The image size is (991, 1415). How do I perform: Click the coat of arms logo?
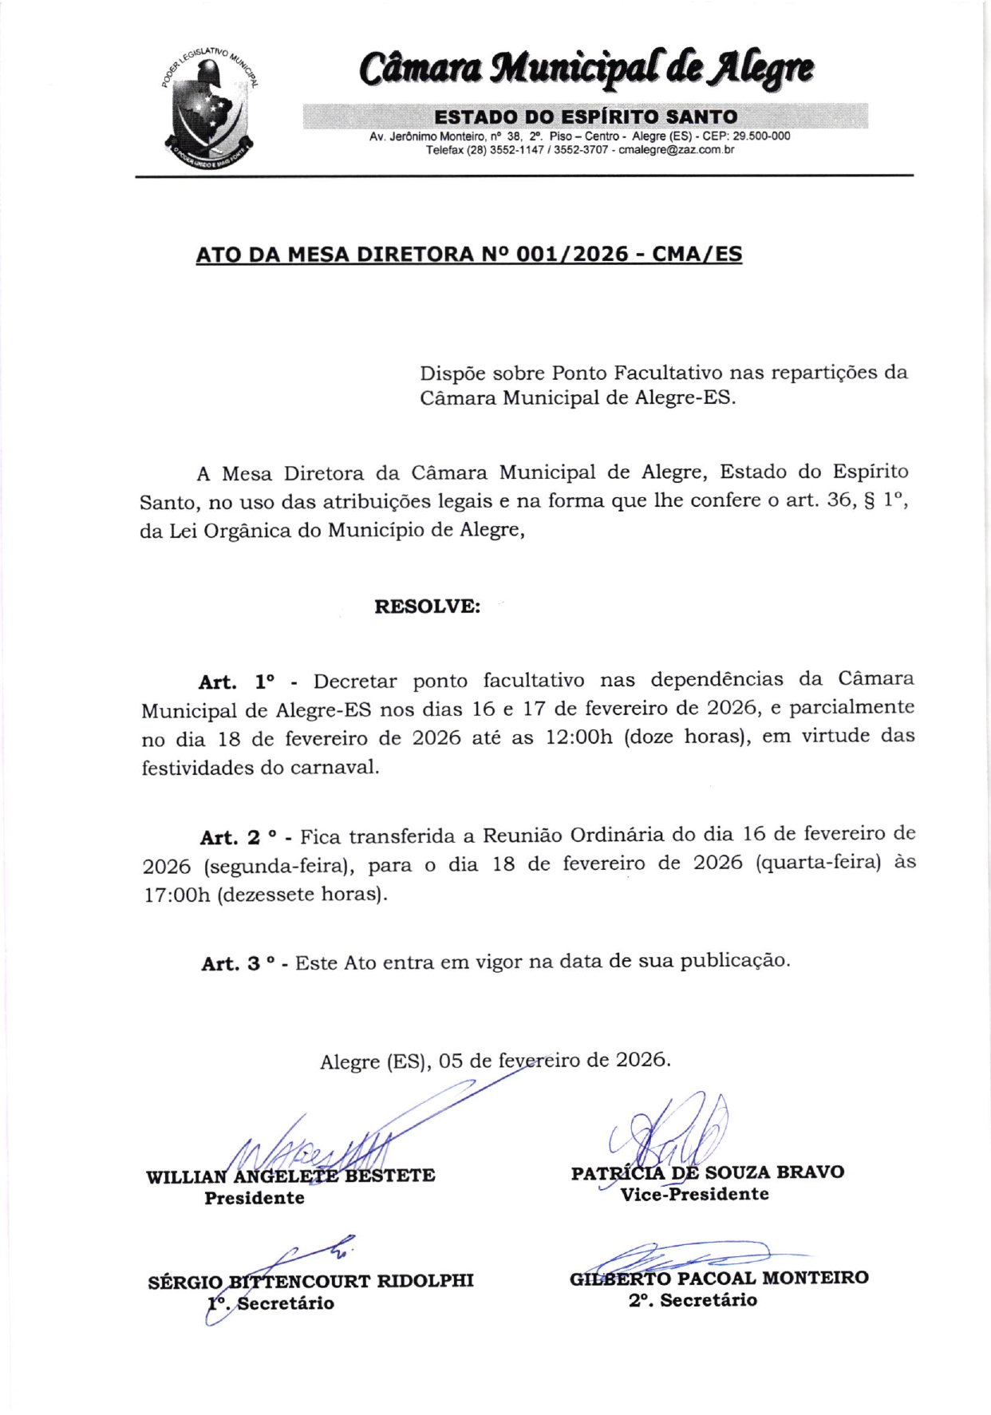(x=210, y=109)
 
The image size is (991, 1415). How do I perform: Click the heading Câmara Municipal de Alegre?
(x=586, y=69)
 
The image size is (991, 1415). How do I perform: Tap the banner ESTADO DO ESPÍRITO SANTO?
(x=586, y=117)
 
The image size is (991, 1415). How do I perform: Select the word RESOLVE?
(x=427, y=606)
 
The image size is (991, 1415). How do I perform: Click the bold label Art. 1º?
(x=237, y=682)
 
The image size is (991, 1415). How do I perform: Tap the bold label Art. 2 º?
(x=239, y=837)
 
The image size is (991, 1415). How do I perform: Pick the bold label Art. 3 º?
(x=239, y=963)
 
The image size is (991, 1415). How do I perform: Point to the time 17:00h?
(x=176, y=895)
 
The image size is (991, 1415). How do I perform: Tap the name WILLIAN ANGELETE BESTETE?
(x=290, y=1176)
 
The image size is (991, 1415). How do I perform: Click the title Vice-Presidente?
(x=694, y=1194)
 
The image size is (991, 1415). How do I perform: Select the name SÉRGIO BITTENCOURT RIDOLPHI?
(x=310, y=1281)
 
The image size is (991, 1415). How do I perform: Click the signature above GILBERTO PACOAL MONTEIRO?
(x=686, y=1255)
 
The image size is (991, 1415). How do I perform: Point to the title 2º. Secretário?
(x=693, y=1300)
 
